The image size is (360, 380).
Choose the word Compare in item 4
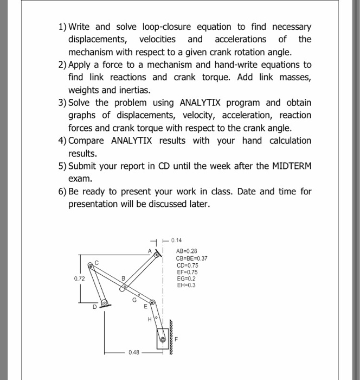point(88,141)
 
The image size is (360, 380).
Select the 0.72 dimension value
point(80,279)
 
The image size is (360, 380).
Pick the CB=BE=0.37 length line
point(192,258)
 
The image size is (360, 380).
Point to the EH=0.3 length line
point(185,284)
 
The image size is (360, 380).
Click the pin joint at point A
point(157,254)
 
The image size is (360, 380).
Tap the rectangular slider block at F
point(163,339)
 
